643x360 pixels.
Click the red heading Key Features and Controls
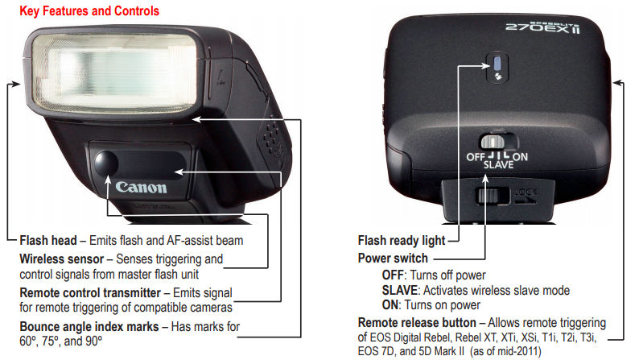click(x=89, y=10)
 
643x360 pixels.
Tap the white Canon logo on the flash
click(x=141, y=187)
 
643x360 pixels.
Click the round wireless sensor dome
click(x=105, y=163)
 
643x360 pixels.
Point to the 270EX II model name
click(x=543, y=28)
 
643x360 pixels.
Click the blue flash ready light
click(x=497, y=64)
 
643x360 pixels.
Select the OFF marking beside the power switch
click(x=476, y=157)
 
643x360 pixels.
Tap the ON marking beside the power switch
click(x=520, y=157)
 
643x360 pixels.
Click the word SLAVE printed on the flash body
click(x=498, y=165)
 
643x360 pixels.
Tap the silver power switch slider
click(x=493, y=142)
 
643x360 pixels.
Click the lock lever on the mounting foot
click(x=487, y=196)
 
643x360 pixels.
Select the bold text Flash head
click(x=48, y=240)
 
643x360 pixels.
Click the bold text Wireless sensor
click(x=61, y=259)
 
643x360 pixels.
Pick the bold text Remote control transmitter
click(x=90, y=292)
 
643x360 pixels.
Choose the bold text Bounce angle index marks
click(x=89, y=326)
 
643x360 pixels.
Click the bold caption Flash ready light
click(x=402, y=240)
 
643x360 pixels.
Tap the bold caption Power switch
click(x=393, y=259)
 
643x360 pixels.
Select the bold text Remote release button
click(x=417, y=322)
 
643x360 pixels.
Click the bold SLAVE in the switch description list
click(x=399, y=290)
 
